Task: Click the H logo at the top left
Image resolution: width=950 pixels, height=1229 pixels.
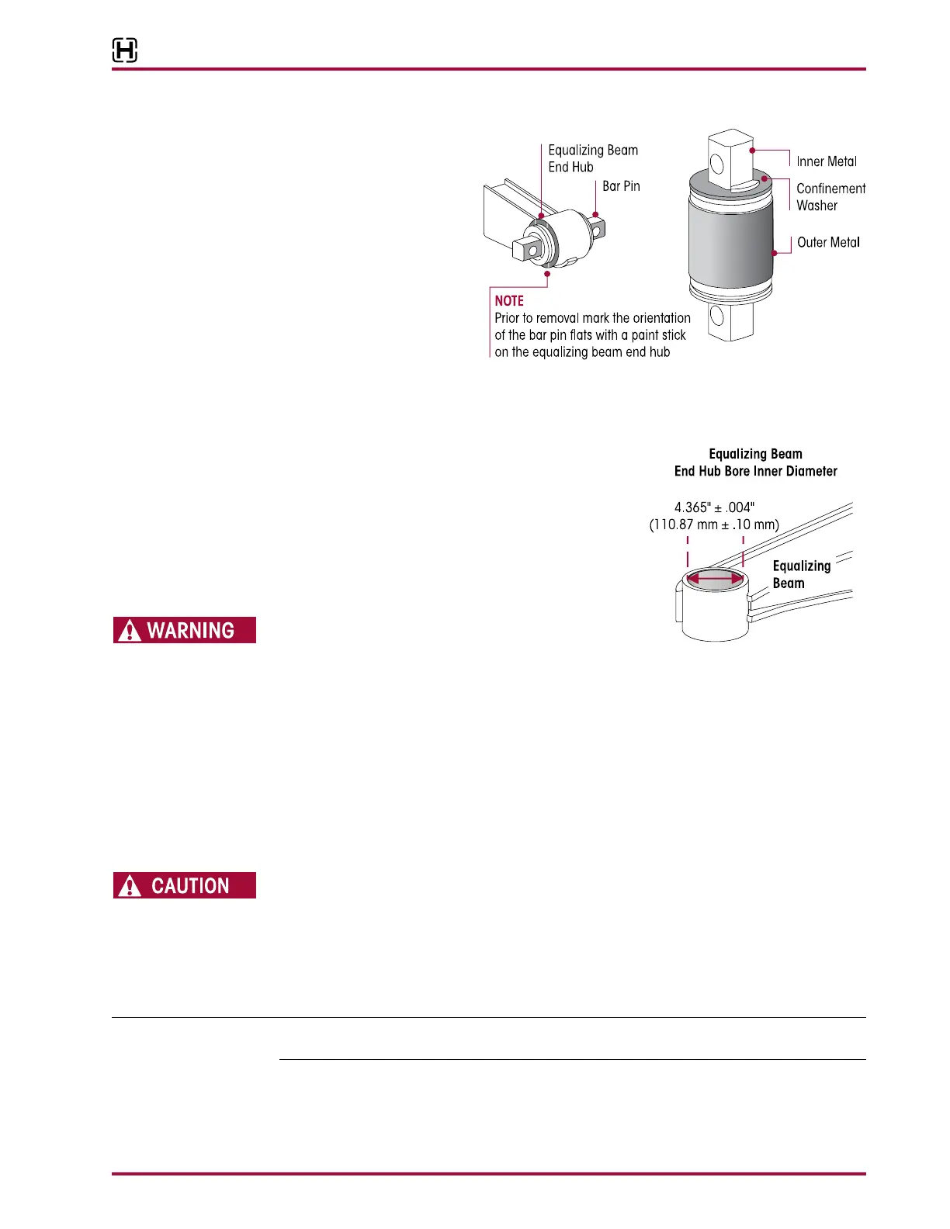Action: pyautogui.click(x=125, y=50)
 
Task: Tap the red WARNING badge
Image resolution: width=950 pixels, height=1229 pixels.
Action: pyautogui.click(x=185, y=630)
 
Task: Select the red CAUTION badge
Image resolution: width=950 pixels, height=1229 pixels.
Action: pyautogui.click(x=185, y=885)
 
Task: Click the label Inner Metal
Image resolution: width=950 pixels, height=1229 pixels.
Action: pyautogui.click(x=827, y=161)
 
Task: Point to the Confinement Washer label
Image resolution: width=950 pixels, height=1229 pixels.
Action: pyautogui.click(x=830, y=197)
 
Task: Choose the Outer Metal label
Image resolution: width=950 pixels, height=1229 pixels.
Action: pyautogui.click(x=828, y=242)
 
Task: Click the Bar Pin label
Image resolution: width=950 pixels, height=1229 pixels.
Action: pyautogui.click(x=621, y=186)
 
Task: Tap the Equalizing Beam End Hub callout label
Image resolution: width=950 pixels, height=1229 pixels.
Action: pyautogui.click(x=593, y=158)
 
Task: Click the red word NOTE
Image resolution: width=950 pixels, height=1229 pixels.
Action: pyautogui.click(x=509, y=301)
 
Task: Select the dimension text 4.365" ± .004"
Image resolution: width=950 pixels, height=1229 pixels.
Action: pyautogui.click(x=714, y=507)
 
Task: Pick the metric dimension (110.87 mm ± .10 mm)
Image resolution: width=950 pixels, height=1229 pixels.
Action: pyautogui.click(x=714, y=524)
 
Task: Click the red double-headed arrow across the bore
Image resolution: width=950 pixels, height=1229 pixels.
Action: pyautogui.click(x=715, y=578)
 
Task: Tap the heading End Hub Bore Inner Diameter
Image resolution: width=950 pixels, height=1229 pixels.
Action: pyautogui.click(x=755, y=471)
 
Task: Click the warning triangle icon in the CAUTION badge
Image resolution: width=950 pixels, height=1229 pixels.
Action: pyautogui.click(x=130, y=886)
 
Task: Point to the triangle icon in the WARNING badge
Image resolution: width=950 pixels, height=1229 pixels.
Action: pyautogui.click(x=130, y=631)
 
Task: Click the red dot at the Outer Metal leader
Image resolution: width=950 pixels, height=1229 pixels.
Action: pyautogui.click(x=774, y=253)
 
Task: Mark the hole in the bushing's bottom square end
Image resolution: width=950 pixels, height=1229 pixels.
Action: pyautogui.click(x=717, y=315)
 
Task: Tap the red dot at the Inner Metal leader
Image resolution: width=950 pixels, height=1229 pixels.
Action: pyautogui.click(x=752, y=150)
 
